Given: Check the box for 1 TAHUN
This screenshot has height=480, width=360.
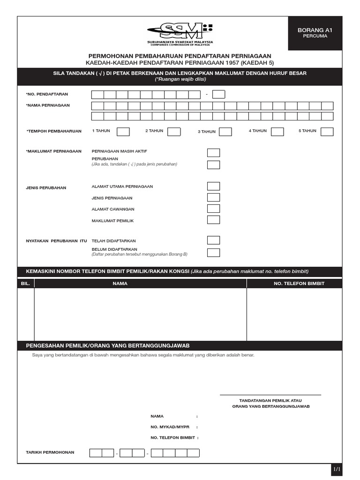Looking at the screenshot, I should pos(123,132).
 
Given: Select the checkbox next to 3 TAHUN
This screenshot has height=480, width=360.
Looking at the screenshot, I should pos(225,132).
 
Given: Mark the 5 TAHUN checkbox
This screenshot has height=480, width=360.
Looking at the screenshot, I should pos(327,132).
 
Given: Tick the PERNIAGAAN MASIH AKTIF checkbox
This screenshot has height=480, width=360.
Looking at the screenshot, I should pos(213,153).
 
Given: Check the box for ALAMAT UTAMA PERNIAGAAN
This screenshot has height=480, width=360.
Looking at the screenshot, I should pos(213,187).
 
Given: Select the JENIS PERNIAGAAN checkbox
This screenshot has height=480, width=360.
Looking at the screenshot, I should pos(213,198).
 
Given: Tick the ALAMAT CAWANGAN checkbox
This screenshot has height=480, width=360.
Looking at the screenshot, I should pos(213,209).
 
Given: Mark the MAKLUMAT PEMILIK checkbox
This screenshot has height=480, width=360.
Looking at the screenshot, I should pos(213,220).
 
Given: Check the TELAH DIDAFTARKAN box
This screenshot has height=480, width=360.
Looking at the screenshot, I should pos(213,240).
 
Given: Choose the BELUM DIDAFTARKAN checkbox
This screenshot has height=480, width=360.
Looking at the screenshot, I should pos(213,253).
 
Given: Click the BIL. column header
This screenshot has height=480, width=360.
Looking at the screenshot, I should pos(26,284).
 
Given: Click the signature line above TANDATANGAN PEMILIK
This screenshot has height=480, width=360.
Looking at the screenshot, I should pos(270,395).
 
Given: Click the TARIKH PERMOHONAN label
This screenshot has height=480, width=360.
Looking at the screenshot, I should pos(50,452).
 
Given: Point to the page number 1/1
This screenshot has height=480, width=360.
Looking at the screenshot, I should pos(337,468).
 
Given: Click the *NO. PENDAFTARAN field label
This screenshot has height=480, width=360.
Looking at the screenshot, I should pos(47,94).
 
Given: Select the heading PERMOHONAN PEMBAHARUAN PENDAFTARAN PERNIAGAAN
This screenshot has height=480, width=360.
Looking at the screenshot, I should pos(180,56).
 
